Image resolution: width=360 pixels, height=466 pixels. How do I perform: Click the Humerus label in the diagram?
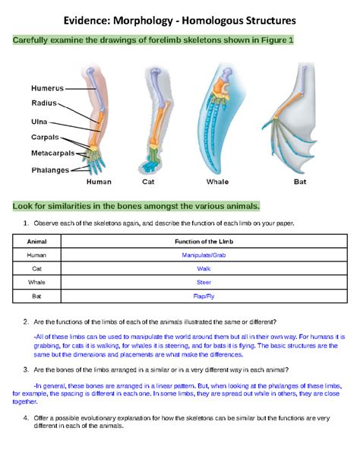[48, 88]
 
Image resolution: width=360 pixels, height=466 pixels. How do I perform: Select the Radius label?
[44, 103]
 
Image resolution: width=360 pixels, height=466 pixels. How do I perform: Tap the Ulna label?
[39, 121]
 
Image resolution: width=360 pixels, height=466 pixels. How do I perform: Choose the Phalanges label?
[49, 170]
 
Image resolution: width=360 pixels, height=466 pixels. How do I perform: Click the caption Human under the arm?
[99, 182]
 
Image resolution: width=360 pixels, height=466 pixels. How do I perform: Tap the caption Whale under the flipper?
[217, 182]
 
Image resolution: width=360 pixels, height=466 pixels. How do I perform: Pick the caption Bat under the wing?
[300, 182]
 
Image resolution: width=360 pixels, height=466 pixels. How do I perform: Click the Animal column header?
[36, 242]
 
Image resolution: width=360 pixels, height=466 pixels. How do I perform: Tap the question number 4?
[26, 418]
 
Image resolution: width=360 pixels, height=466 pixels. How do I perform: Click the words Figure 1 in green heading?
[275, 40]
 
